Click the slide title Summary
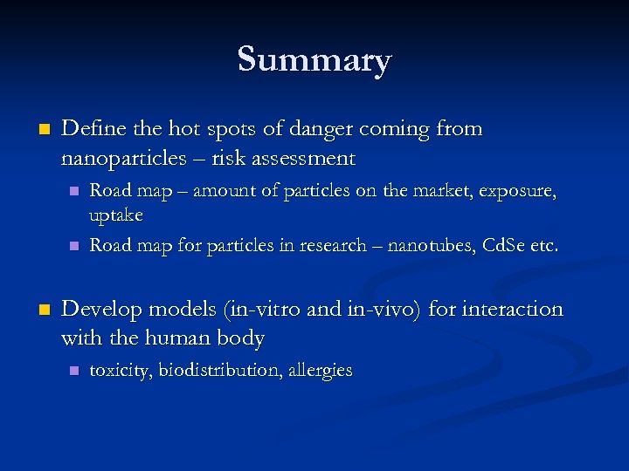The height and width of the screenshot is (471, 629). point(314,60)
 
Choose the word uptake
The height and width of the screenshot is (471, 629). point(116,215)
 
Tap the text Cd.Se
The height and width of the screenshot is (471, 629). point(500,245)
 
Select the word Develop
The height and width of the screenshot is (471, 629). point(101,310)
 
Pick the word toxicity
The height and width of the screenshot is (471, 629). point(120,370)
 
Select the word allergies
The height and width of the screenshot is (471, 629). point(321,370)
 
